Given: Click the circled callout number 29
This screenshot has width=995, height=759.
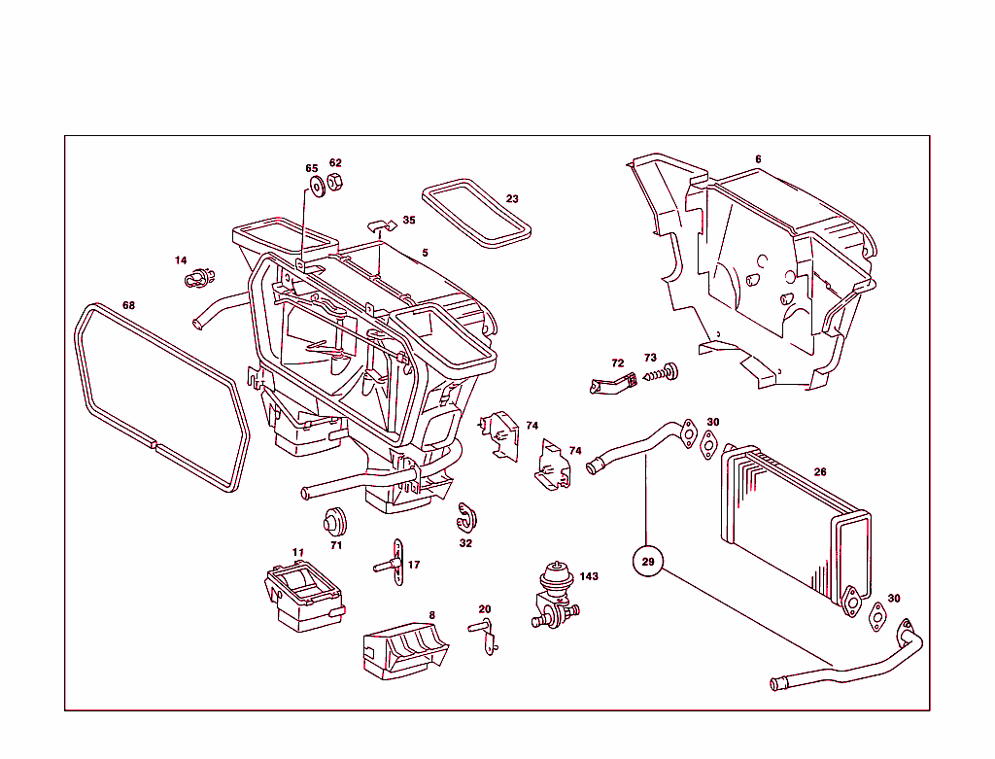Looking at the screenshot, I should coord(648,561).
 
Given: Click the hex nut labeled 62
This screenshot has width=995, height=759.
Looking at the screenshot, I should coord(334,183).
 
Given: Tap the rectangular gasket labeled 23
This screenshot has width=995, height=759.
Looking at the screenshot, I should coord(477,212).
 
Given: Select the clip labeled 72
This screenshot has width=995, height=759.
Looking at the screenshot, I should coord(611,383).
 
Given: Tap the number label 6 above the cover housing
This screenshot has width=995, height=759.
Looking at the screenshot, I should coord(758,159).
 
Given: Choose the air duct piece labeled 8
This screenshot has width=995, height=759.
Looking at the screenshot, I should coord(404,646).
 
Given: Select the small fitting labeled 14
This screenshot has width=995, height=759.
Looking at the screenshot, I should coord(197,278).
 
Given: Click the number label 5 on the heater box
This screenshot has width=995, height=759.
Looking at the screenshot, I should coord(425,253).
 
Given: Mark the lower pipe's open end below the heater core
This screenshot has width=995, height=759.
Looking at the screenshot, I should coord(776,683).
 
